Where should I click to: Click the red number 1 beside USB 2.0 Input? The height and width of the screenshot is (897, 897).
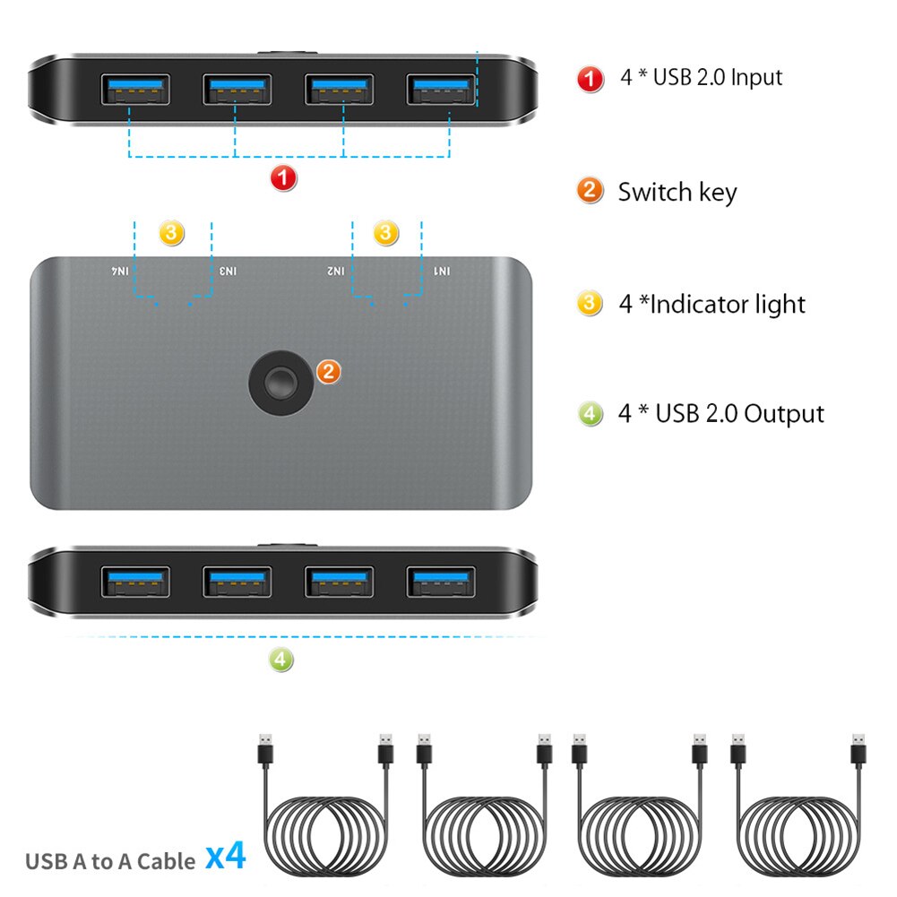click(590, 78)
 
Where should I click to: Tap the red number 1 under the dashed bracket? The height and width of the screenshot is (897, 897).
click(283, 178)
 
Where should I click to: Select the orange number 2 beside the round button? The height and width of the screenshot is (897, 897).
click(329, 370)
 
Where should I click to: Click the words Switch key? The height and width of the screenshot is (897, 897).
click(677, 192)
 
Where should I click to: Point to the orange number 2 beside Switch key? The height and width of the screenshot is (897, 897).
click(589, 190)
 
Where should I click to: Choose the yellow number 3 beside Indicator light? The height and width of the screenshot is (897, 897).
click(589, 304)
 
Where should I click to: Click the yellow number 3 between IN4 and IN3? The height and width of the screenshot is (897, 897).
click(171, 233)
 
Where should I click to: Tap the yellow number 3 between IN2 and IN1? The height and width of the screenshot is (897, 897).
click(385, 233)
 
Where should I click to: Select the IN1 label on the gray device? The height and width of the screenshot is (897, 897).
click(442, 271)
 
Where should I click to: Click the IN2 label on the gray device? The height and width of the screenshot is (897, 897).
click(336, 271)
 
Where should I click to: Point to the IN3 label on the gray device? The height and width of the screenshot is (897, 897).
click(229, 271)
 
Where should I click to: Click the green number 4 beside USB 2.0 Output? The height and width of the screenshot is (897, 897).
click(590, 414)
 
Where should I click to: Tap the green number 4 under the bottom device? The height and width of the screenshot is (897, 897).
click(281, 660)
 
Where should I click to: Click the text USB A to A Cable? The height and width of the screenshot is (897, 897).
click(110, 861)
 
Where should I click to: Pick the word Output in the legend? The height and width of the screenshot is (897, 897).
click(784, 414)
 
